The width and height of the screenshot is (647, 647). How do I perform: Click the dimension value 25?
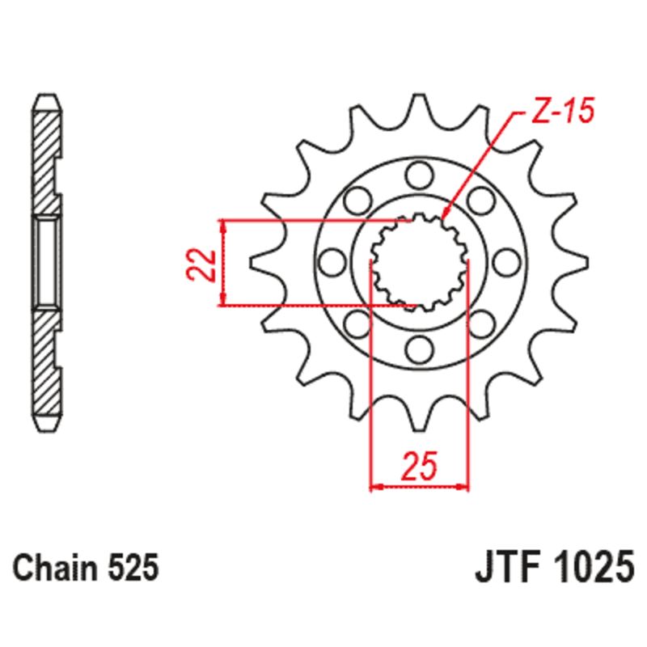point(420,467)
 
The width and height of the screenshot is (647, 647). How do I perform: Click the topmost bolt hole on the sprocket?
point(418,171)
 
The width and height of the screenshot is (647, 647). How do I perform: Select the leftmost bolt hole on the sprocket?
point(330,260)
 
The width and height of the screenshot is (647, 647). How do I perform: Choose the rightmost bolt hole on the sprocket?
point(507,260)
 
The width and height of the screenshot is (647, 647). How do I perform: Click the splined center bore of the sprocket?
point(418,260)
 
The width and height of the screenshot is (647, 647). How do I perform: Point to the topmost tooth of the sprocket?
point(419,105)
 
